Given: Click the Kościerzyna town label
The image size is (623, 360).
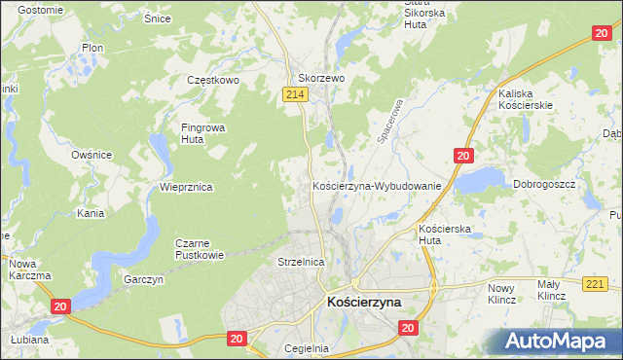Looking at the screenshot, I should tap(365, 303).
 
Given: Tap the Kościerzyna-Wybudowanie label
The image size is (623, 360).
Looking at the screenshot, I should tap(378, 185).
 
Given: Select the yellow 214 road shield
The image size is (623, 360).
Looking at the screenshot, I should tap(297, 93).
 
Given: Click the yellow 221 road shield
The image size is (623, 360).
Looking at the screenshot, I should tap(598, 283).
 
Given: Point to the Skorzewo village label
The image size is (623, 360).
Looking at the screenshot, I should tap(321, 79).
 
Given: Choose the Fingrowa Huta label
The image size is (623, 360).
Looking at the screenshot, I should tap(200, 132).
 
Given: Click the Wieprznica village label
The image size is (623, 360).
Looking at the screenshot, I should tap(186, 186).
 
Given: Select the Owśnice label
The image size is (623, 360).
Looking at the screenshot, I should tap(92, 155).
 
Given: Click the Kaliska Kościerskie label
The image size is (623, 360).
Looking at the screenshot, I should tap(526, 98).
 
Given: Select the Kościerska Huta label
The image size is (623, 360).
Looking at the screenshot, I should tap(444, 233).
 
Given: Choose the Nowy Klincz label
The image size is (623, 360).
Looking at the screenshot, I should tap(500, 293).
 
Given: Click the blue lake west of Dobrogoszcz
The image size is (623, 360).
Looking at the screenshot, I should tap(480, 179).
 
